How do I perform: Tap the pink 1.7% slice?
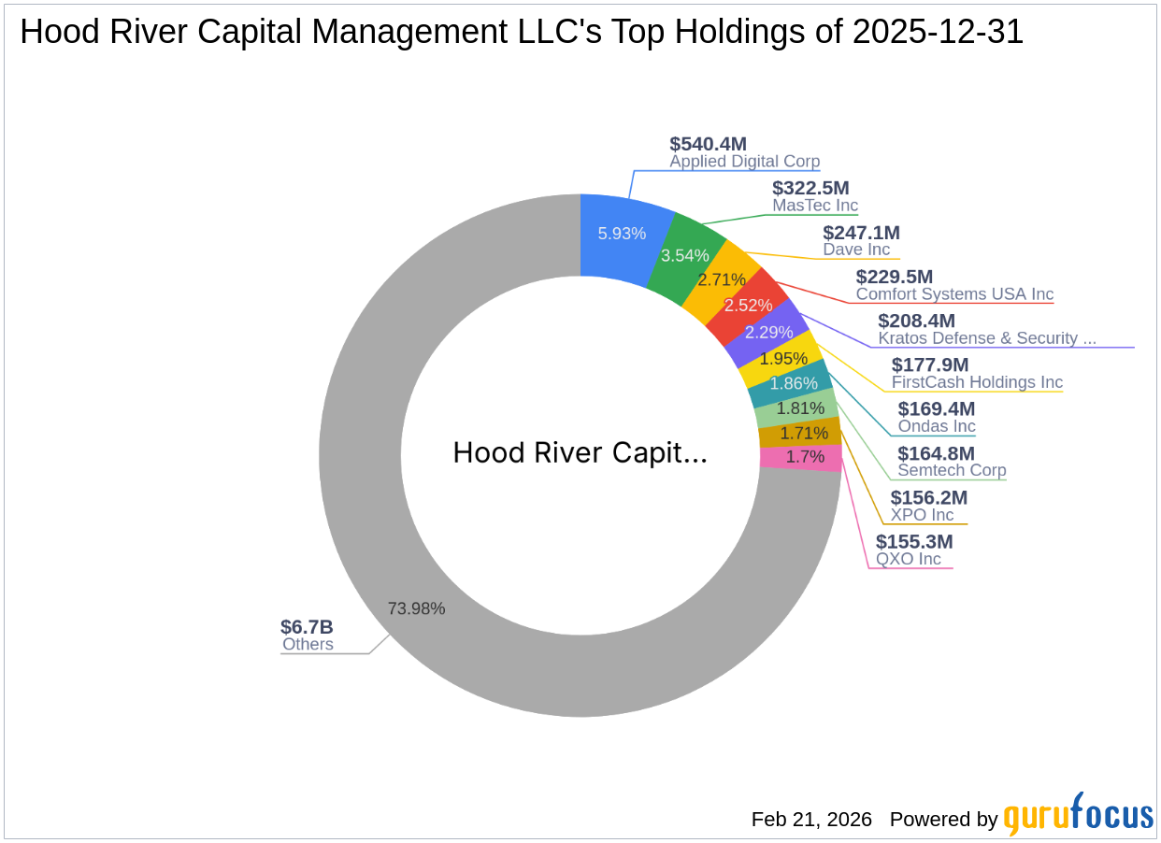click(799, 457)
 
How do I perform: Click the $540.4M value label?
click(708, 144)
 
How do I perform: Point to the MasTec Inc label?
click(814, 206)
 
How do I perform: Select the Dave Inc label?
click(856, 250)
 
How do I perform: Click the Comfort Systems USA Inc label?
click(954, 293)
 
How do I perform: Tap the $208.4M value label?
click(916, 321)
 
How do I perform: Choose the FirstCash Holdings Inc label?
click(977, 382)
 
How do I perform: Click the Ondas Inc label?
click(936, 426)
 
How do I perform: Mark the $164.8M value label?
click(936, 453)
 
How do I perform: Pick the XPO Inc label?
click(922, 515)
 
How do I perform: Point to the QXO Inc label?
click(908, 559)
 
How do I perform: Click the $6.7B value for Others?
click(307, 626)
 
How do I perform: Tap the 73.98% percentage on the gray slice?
click(416, 608)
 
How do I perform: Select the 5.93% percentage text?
click(622, 234)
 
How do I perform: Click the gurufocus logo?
click(1078, 816)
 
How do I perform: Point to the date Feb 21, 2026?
click(811, 820)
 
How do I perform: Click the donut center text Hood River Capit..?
click(580, 453)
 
